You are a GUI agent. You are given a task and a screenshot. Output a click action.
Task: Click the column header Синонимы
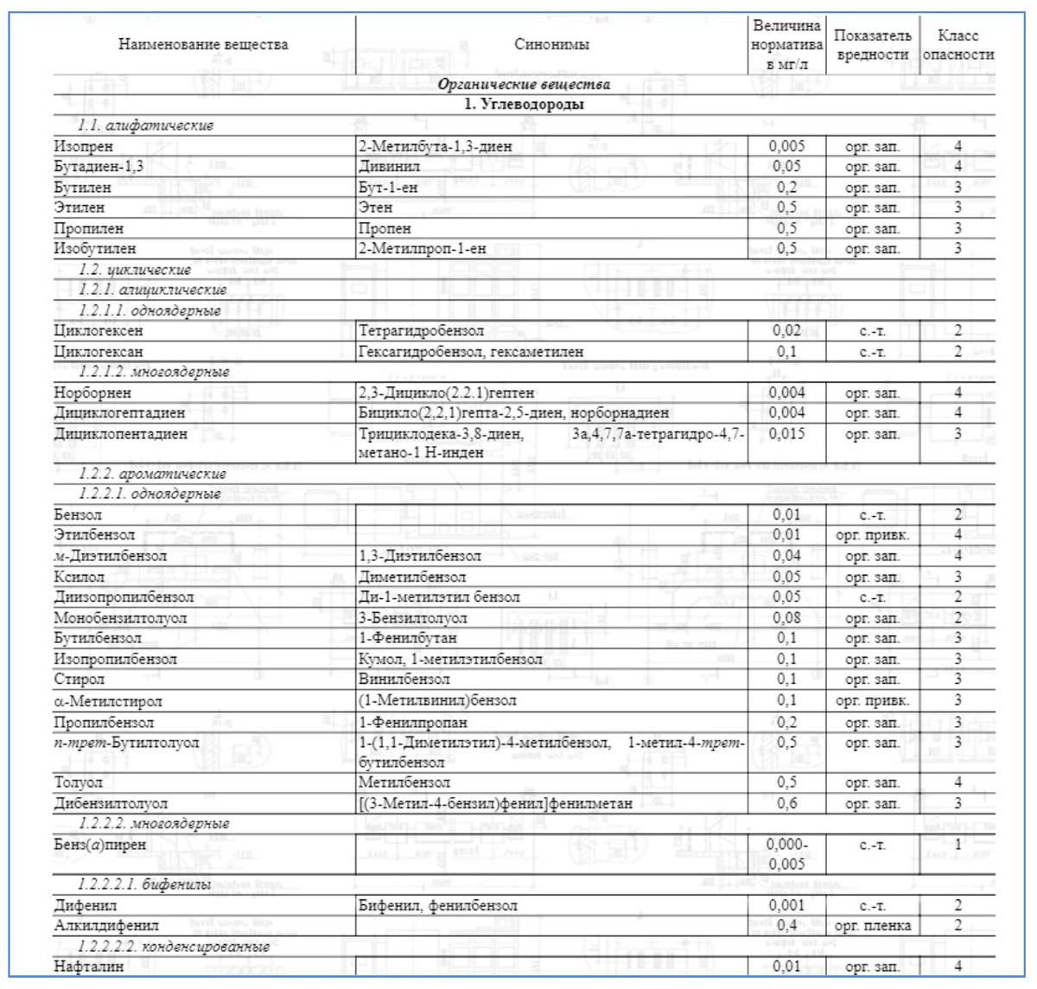coord(551,44)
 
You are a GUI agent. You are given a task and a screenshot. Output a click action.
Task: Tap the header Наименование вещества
coord(203,44)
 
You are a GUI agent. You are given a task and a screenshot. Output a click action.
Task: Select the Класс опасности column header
coord(957,45)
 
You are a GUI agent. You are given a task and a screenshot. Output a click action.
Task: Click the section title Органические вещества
coord(524,85)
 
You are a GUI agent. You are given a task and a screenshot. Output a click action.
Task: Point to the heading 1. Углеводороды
coord(524,105)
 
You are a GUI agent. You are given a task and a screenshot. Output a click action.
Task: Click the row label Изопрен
coord(83,146)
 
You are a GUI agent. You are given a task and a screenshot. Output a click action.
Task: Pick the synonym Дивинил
coord(389,166)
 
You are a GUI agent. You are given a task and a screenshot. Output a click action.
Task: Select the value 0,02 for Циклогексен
coord(786,330)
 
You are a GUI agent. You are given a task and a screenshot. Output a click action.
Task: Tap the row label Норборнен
coord(92,392)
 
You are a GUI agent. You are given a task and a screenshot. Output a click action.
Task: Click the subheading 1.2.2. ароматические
coord(152,474)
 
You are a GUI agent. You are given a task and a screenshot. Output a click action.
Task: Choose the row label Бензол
coord(78,514)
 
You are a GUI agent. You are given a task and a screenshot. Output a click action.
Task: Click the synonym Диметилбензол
coord(412,577)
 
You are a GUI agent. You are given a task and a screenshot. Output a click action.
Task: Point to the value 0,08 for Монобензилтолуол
coord(786,618)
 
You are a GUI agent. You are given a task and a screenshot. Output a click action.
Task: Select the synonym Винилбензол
coord(404,680)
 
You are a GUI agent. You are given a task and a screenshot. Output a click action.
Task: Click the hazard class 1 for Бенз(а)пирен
coord(957,845)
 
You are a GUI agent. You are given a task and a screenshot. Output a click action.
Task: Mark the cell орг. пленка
coord(872,926)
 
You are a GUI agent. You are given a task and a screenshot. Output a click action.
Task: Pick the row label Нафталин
coord(88,967)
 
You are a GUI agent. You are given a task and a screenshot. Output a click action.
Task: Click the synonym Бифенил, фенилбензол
coord(438,905)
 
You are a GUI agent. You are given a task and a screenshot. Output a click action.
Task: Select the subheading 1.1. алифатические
coord(145,125)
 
